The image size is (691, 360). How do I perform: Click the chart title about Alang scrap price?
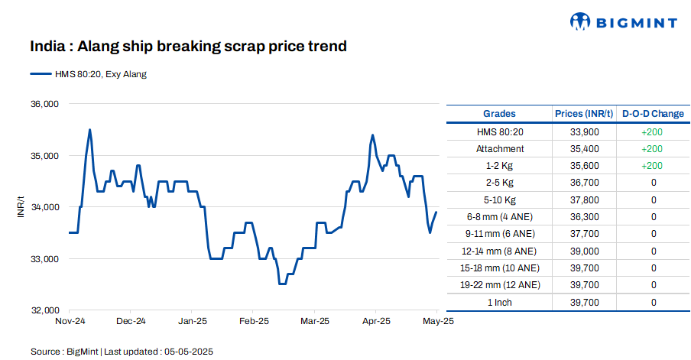click(x=188, y=47)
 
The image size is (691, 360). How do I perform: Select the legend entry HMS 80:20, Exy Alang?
click(x=89, y=74)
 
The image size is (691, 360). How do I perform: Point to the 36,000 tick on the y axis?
click(x=44, y=104)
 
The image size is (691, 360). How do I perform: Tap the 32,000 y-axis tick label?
click(x=44, y=310)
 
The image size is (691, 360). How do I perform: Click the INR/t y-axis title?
click(x=21, y=206)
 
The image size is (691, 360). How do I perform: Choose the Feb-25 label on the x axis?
click(x=254, y=322)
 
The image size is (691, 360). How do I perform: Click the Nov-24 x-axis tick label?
click(x=70, y=322)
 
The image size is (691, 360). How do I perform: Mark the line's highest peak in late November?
click(x=90, y=130)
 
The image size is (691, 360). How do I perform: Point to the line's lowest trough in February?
click(x=282, y=284)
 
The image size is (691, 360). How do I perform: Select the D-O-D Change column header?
click(x=653, y=114)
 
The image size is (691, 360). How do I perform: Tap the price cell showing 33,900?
click(x=584, y=131)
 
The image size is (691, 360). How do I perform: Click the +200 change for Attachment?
click(x=653, y=148)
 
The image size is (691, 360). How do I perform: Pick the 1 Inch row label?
click(x=500, y=303)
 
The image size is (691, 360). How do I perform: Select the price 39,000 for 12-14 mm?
click(x=584, y=251)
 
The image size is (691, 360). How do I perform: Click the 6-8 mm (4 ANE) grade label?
click(x=500, y=217)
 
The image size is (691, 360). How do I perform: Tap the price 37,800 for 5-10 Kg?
click(x=584, y=199)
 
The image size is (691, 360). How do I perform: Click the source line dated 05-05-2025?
click(x=122, y=352)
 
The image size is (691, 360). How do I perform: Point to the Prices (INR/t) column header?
click(x=584, y=114)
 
